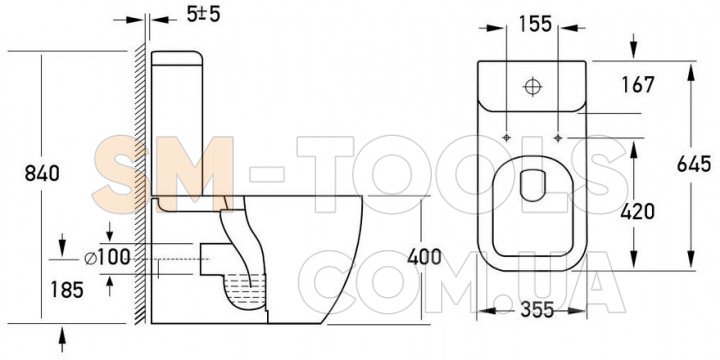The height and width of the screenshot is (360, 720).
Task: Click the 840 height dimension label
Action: tap(42, 174)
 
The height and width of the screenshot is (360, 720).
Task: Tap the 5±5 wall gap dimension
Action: tap(203, 14)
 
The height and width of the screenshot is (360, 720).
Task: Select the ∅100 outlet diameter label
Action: tap(107, 257)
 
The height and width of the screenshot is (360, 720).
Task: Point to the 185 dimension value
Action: tap(67, 289)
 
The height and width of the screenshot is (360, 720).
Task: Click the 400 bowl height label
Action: tap(424, 257)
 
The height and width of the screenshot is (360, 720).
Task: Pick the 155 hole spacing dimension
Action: tap(536, 24)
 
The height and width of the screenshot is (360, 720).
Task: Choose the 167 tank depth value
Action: tap(638, 84)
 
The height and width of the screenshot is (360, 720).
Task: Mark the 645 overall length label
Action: tap(694, 164)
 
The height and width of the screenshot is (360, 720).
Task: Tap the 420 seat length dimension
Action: tap(637, 211)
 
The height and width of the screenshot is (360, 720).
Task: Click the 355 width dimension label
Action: tap(537, 310)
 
